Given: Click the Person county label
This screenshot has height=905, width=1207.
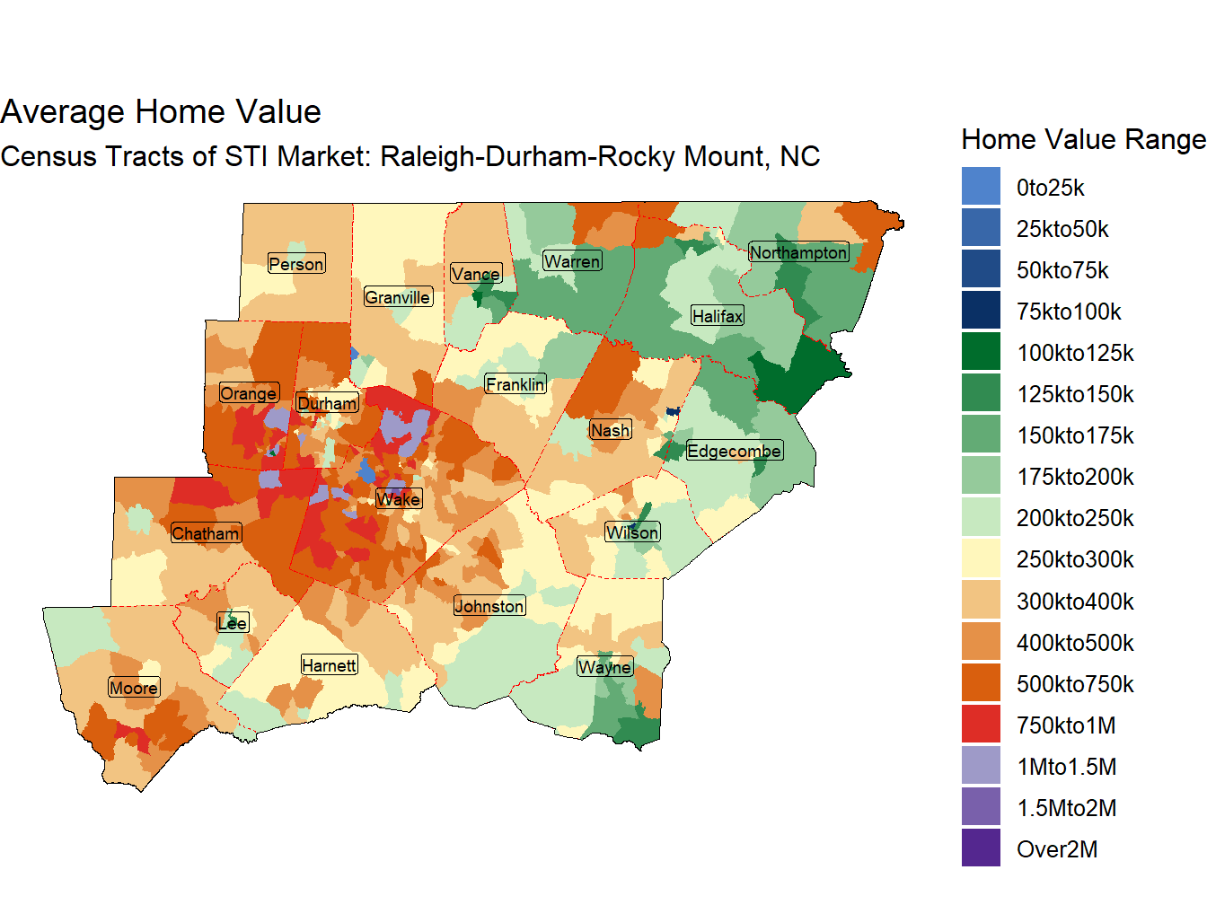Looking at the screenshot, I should [x=296, y=264].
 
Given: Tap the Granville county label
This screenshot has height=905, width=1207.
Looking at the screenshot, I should [x=398, y=297].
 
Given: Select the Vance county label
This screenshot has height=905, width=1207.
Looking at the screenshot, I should [x=476, y=274].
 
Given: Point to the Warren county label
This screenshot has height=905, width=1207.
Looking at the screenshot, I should [x=572, y=261].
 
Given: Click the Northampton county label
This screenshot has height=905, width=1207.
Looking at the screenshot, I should [x=798, y=252].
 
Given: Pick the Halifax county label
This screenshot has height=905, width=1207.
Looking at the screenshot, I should [x=718, y=316].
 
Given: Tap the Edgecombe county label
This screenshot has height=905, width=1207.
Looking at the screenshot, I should [x=734, y=451].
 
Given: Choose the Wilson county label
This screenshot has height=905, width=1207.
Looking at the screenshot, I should [x=632, y=532].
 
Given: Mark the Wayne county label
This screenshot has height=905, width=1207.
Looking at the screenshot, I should [x=604, y=667].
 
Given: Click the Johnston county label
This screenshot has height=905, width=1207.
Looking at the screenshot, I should [x=489, y=606].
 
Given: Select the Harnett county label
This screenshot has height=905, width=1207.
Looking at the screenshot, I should [x=329, y=665].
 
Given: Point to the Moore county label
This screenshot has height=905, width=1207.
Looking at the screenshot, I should [x=134, y=688].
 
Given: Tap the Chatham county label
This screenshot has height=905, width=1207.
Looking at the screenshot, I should [x=206, y=533].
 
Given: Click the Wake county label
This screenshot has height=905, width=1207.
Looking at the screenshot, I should [x=398, y=499].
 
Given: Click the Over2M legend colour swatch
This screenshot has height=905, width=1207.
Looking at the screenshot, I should [x=981, y=848].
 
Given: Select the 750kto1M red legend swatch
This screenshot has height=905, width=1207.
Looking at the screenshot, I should [x=981, y=725].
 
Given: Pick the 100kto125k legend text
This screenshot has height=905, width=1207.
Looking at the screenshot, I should [x=1074, y=353].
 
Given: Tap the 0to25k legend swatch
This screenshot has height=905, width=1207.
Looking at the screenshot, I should [x=981, y=187].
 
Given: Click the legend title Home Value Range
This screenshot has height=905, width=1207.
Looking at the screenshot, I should [x=1082, y=140].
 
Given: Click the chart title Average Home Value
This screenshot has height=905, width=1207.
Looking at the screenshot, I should [x=161, y=112].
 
